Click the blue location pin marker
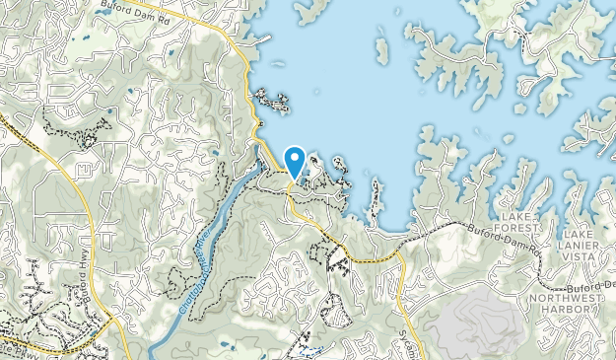pyautogui.click(x=294, y=160)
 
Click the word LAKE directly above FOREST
pyautogui.click(x=515, y=215)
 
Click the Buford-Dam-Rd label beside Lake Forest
pyautogui.click(x=482, y=236)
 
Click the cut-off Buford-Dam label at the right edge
pyautogui.click(x=591, y=285)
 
